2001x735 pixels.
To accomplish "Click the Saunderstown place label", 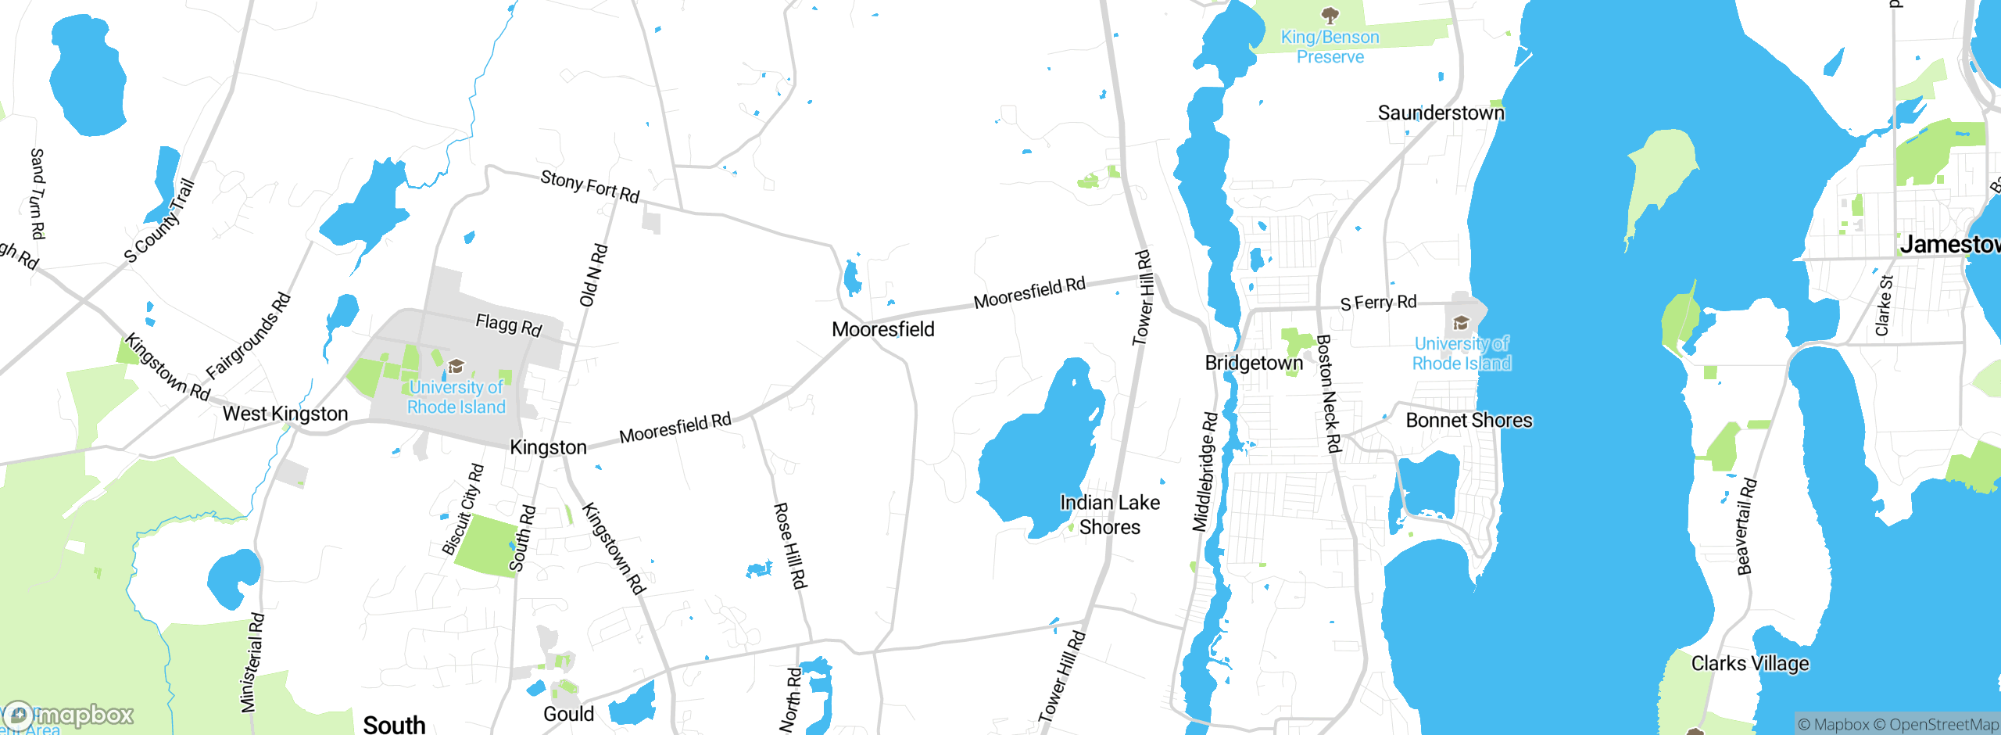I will (x=1441, y=113).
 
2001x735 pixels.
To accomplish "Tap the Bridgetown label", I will (x=1254, y=363).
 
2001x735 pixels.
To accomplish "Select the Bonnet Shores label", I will (x=1469, y=421).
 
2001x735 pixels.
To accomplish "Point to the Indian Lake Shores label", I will (x=1109, y=514).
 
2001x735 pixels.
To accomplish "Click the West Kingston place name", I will (x=285, y=414).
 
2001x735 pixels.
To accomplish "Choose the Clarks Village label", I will (x=1750, y=664).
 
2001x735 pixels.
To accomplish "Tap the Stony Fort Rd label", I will (x=590, y=186).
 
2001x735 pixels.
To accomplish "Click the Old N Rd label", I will (x=593, y=276).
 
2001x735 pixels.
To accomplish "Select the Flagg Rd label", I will (x=509, y=324).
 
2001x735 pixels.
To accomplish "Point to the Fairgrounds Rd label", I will (x=248, y=336).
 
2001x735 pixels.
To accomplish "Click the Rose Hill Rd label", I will (x=789, y=545).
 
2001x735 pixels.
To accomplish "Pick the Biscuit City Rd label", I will (x=463, y=510).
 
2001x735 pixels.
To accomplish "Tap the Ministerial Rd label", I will (x=252, y=663).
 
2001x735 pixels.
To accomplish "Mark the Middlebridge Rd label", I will (x=1205, y=472).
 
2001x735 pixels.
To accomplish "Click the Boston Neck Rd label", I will (x=1328, y=394).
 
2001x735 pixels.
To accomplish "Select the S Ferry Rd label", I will (x=1378, y=303).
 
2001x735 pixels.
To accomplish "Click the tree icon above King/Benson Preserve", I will (x=1330, y=15).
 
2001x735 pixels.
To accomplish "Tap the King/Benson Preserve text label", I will (x=1330, y=47).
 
